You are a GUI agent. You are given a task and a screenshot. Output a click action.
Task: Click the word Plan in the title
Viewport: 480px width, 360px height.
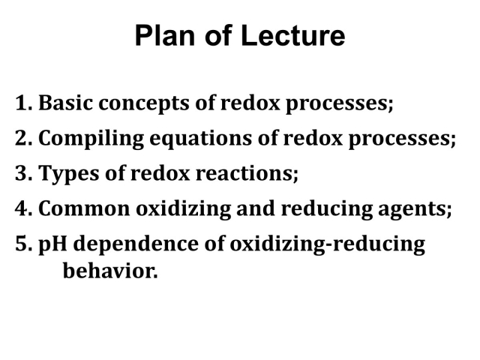pyautogui.click(x=165, y=35)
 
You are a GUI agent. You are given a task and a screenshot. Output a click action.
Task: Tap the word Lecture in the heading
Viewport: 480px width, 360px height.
pyautogui.click(x=293, y=35)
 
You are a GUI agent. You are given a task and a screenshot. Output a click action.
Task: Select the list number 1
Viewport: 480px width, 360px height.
pyautogui.click(x=23, y=103)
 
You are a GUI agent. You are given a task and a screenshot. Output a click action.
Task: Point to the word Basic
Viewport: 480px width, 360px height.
pyautogui.click(x=65, y=103)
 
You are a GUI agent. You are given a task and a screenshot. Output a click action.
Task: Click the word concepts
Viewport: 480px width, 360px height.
pyautogui.click(x=144, y=104)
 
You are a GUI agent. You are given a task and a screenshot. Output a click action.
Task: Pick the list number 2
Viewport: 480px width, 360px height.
pyautogui.click(x=23, y=138)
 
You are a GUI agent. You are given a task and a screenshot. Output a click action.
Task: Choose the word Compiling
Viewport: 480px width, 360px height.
pyautogui.click(x=91, y=139)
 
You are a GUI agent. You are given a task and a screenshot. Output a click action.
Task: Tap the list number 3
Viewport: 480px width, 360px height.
pyautogui.click(x=23, y=173)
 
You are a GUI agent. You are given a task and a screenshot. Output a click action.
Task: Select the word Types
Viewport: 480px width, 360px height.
pyautogui.click(x=69, y=174)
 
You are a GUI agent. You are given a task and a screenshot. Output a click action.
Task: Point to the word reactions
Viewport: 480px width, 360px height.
pyautogui.click(x=246, y=174)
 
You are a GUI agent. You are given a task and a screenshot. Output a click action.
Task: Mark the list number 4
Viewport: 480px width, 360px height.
pyautogui.click(x=23, y=208)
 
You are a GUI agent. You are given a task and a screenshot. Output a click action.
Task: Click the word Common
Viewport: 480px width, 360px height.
pyautogui.click(x=84, y=208)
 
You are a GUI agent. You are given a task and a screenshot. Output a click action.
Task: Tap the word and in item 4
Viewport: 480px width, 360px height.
pyautogui.click(x=255, y=208)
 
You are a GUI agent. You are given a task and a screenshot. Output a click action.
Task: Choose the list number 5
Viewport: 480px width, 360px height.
pyautogui.click(x=23, y=244)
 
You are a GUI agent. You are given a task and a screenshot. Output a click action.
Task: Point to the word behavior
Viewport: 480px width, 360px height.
pyautogui.click(x=110, y=271)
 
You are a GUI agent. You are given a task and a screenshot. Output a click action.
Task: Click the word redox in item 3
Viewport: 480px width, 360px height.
pyautogui.click(x=160, y=173)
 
